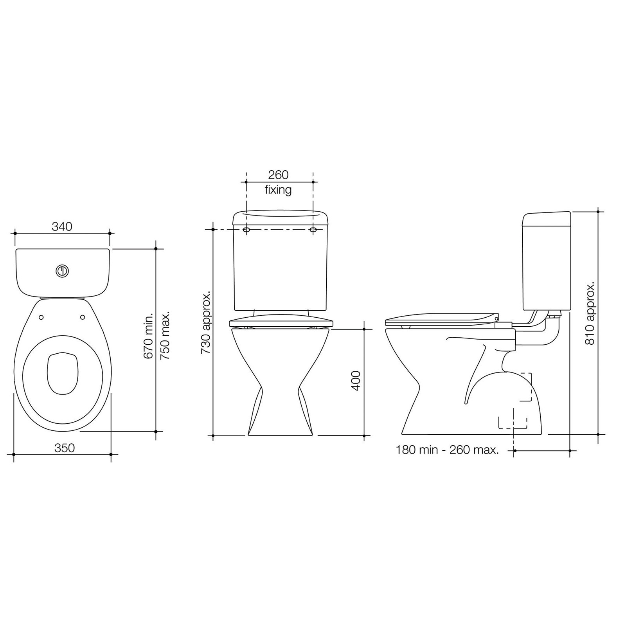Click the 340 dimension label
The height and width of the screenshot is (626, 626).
point(62,226)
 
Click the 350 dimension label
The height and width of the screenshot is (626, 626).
point(65,448)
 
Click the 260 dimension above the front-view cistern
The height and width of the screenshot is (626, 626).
point(278,174)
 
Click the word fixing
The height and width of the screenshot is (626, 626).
point(278,190)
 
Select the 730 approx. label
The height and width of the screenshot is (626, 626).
point(206,322)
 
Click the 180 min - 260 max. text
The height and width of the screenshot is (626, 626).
point(447,450)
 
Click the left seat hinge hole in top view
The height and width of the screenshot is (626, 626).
point(42,317)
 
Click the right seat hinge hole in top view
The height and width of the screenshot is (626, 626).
point(83,317)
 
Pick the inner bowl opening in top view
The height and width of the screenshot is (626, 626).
point(62,372)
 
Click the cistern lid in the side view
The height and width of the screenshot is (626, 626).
point(547,219)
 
